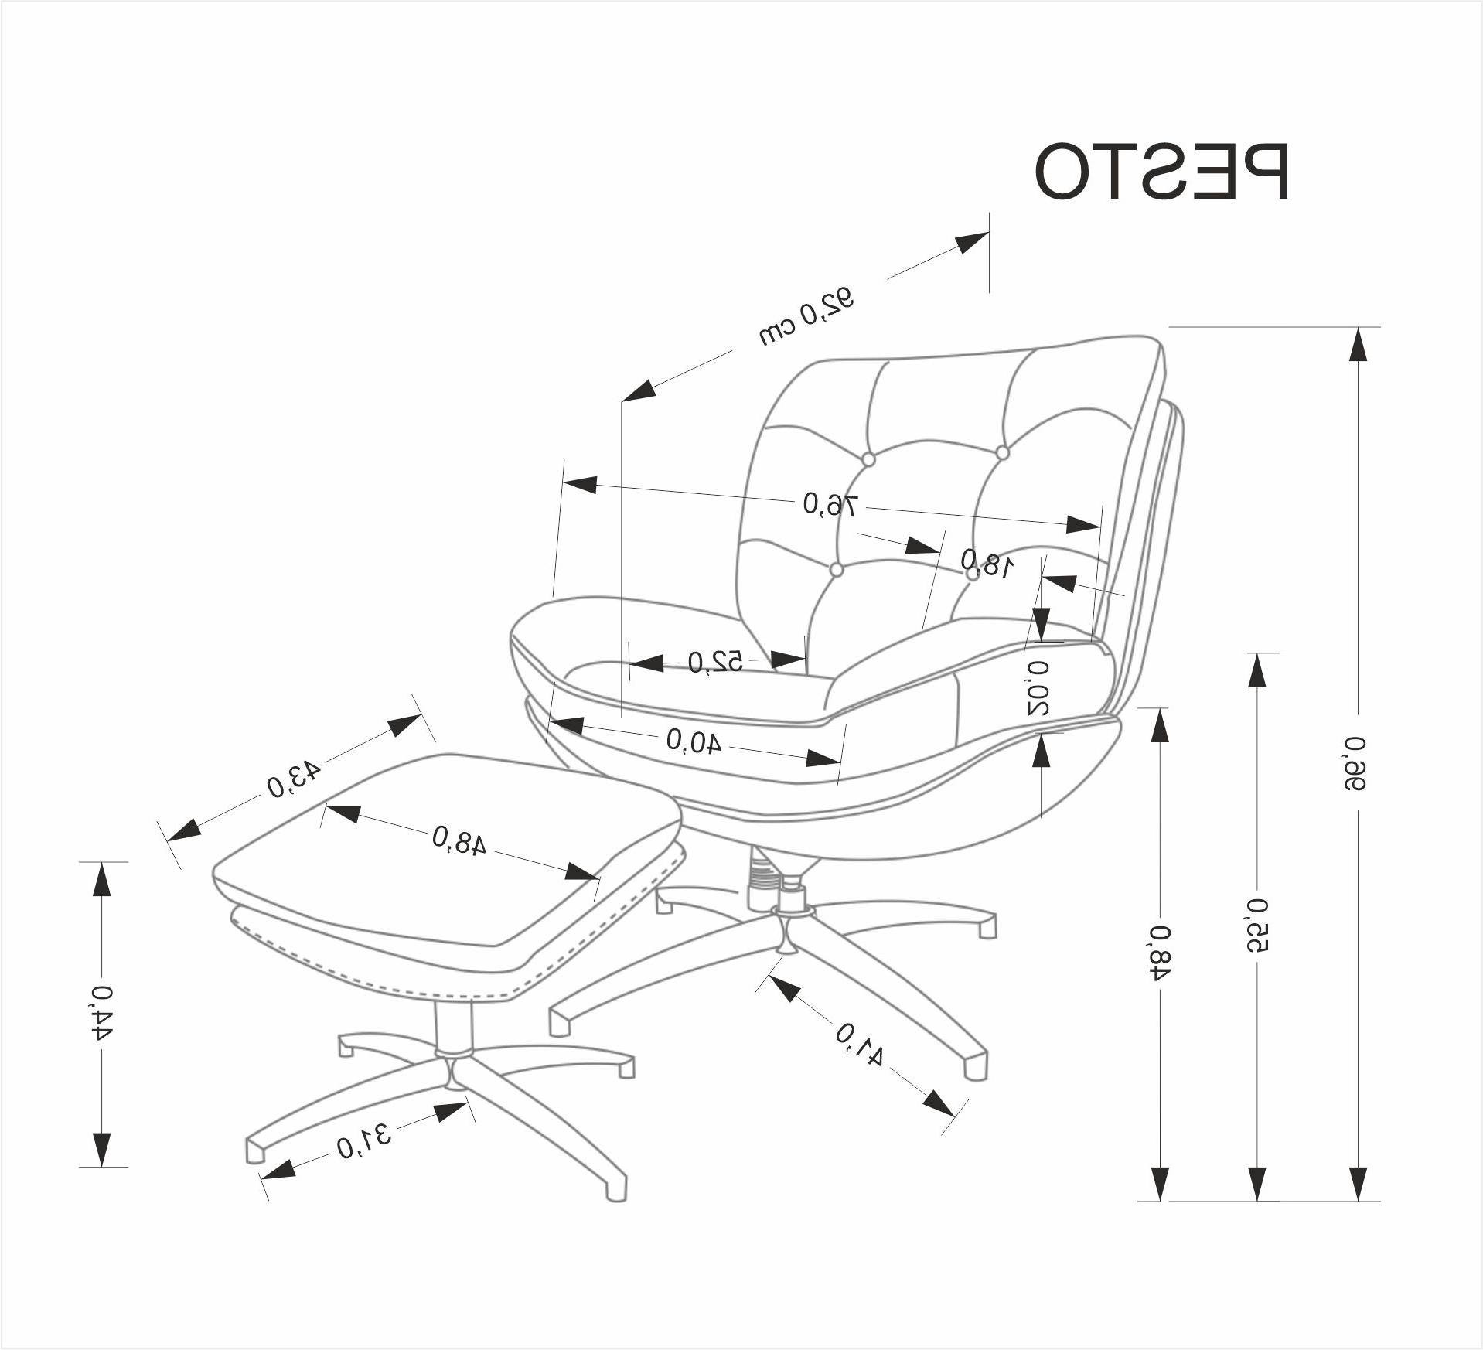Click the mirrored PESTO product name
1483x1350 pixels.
click(1161, 183)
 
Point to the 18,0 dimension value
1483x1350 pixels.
click(987, 563)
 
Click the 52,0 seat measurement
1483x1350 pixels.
click(715, 662)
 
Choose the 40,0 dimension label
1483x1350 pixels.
click(694, 741)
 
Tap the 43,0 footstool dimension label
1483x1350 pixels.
click(293, 779)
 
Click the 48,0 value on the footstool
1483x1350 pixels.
click(459, 840)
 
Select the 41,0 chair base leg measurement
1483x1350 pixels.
click(859, 1044)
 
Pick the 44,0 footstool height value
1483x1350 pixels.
click(101, 1014)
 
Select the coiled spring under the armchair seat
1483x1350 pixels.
click(762, 876)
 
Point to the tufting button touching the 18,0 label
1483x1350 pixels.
click(973, 574)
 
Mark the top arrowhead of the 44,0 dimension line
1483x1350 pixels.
click(101, 879)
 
